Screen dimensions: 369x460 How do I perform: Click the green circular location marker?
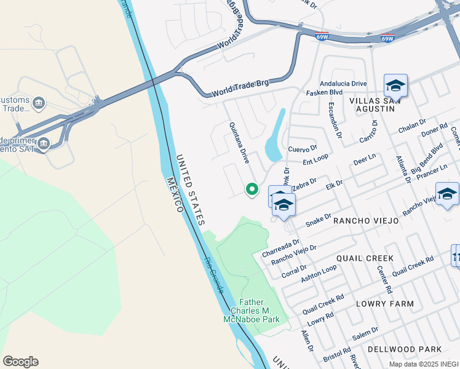[252, 189]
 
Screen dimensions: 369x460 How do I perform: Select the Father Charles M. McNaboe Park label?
[260, 311]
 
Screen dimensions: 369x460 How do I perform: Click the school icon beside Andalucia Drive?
[395, 85]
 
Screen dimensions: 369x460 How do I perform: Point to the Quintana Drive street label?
[239, 142]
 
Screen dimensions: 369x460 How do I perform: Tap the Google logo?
[21, 362]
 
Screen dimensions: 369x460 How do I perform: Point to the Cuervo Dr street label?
[302, 149]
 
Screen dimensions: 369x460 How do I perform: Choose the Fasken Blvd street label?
[324, 92]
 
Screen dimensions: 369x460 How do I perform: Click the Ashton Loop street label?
[319, 272]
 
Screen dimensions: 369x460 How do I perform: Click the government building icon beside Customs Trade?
[39, 102]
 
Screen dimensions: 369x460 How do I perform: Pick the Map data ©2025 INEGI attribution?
[424, 364]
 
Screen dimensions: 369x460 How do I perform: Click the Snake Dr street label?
[319, 220]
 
